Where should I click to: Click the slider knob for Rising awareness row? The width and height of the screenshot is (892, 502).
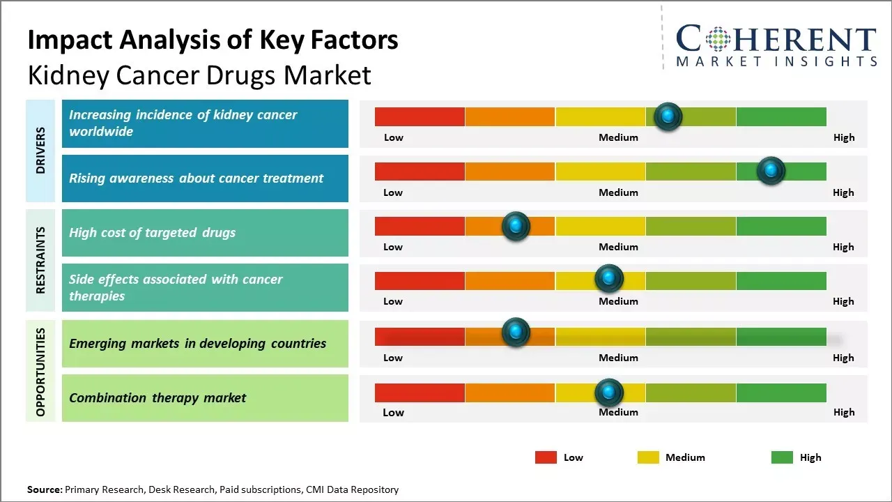[x=771, y=171]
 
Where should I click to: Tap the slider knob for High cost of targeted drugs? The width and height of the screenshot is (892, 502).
[x=516, y=226]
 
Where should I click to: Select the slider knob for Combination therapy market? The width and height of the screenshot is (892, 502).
[x=609, y=393]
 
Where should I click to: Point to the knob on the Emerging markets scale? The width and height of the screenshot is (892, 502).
[x=516, y=333]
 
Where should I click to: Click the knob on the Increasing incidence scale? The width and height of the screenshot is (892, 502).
[x=668, y=116]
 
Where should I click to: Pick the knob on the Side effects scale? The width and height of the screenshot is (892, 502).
[x=609, y=279]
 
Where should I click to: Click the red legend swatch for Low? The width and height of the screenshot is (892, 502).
[x=546, y=457]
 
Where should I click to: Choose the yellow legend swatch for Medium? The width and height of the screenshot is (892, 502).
[x=648, y=457]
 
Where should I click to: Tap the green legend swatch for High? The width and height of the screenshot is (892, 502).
[x=782, y=457]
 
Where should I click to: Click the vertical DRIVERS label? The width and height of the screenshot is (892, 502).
[x=40, y=150]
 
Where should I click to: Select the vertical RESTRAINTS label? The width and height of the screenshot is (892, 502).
[x=40, y=259]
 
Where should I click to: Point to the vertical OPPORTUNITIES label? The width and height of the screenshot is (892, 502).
[x=40, y=372]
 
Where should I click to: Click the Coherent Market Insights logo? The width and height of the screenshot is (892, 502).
[x=776, y=46]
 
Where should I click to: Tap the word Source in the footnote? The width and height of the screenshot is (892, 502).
[x=44, y=489]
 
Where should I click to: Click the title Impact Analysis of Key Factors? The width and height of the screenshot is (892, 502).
[x=213, y=40]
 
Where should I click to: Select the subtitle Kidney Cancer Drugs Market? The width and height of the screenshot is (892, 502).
[x=199, y=75]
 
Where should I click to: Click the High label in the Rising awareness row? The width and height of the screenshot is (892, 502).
[x=843, y=192]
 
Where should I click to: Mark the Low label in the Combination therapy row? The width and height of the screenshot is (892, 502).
[x=393, y=412]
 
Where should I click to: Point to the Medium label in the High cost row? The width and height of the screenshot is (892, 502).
[x=618, y=247]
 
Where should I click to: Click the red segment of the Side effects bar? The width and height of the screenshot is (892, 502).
[x=420, y=281]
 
